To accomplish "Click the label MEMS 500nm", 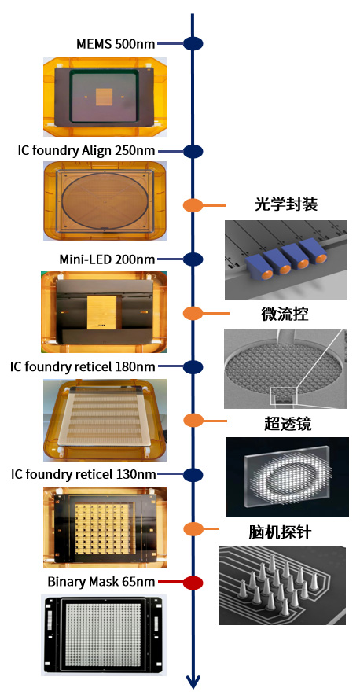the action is [116, 44].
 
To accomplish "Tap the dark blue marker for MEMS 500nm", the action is [193, 44].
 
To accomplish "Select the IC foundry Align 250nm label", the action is [86, 151].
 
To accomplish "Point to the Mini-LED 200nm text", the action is [107, 259].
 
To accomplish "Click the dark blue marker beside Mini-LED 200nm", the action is [193, 259].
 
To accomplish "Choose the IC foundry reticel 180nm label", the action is [83, 367].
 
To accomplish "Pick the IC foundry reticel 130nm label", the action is [83, 474].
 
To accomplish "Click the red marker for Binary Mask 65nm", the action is [193, 583].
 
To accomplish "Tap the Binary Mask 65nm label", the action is [101, 582].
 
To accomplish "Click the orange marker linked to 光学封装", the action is [193, 205].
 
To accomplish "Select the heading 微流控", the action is [285, 314].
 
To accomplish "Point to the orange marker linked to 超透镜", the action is [193, 421].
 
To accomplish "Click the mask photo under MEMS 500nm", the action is [105, 97].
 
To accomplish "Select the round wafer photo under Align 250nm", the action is [105, 201].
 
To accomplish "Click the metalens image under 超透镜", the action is [287, 477].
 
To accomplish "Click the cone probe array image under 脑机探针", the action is [282, 585].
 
